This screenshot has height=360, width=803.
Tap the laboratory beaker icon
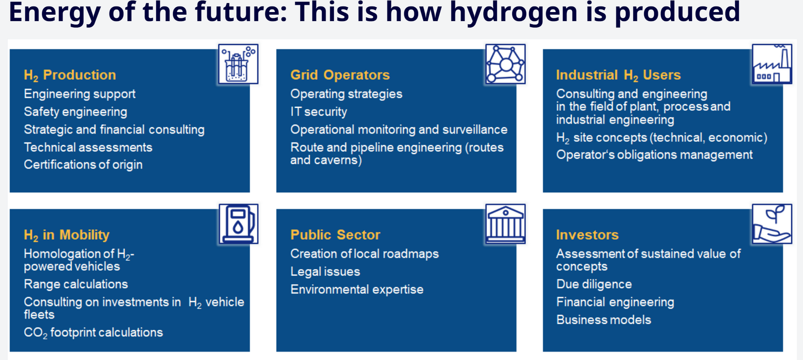coord(238,64)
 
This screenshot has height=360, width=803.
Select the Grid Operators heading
coord(340,75)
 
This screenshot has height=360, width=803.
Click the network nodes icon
coord(505,64)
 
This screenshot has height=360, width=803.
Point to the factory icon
coord(772,64)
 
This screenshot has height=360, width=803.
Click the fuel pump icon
coord(238,224)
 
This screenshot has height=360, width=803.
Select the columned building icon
coord(505,224)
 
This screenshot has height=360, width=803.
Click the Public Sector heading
coord(335,235)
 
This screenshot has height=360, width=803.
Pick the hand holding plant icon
coord(772,224)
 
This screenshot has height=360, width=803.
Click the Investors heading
coord(587,235)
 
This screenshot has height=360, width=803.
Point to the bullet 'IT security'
coord(319,112)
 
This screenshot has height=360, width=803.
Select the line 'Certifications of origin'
coord(83,165)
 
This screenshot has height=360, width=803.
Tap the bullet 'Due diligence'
coord(594,284)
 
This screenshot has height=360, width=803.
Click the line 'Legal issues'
coord(325,272)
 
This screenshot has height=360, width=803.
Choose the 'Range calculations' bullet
coord(76,284)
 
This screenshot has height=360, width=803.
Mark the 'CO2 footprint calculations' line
coord(93,333)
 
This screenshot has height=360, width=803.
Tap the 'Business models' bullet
coord(604,320)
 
